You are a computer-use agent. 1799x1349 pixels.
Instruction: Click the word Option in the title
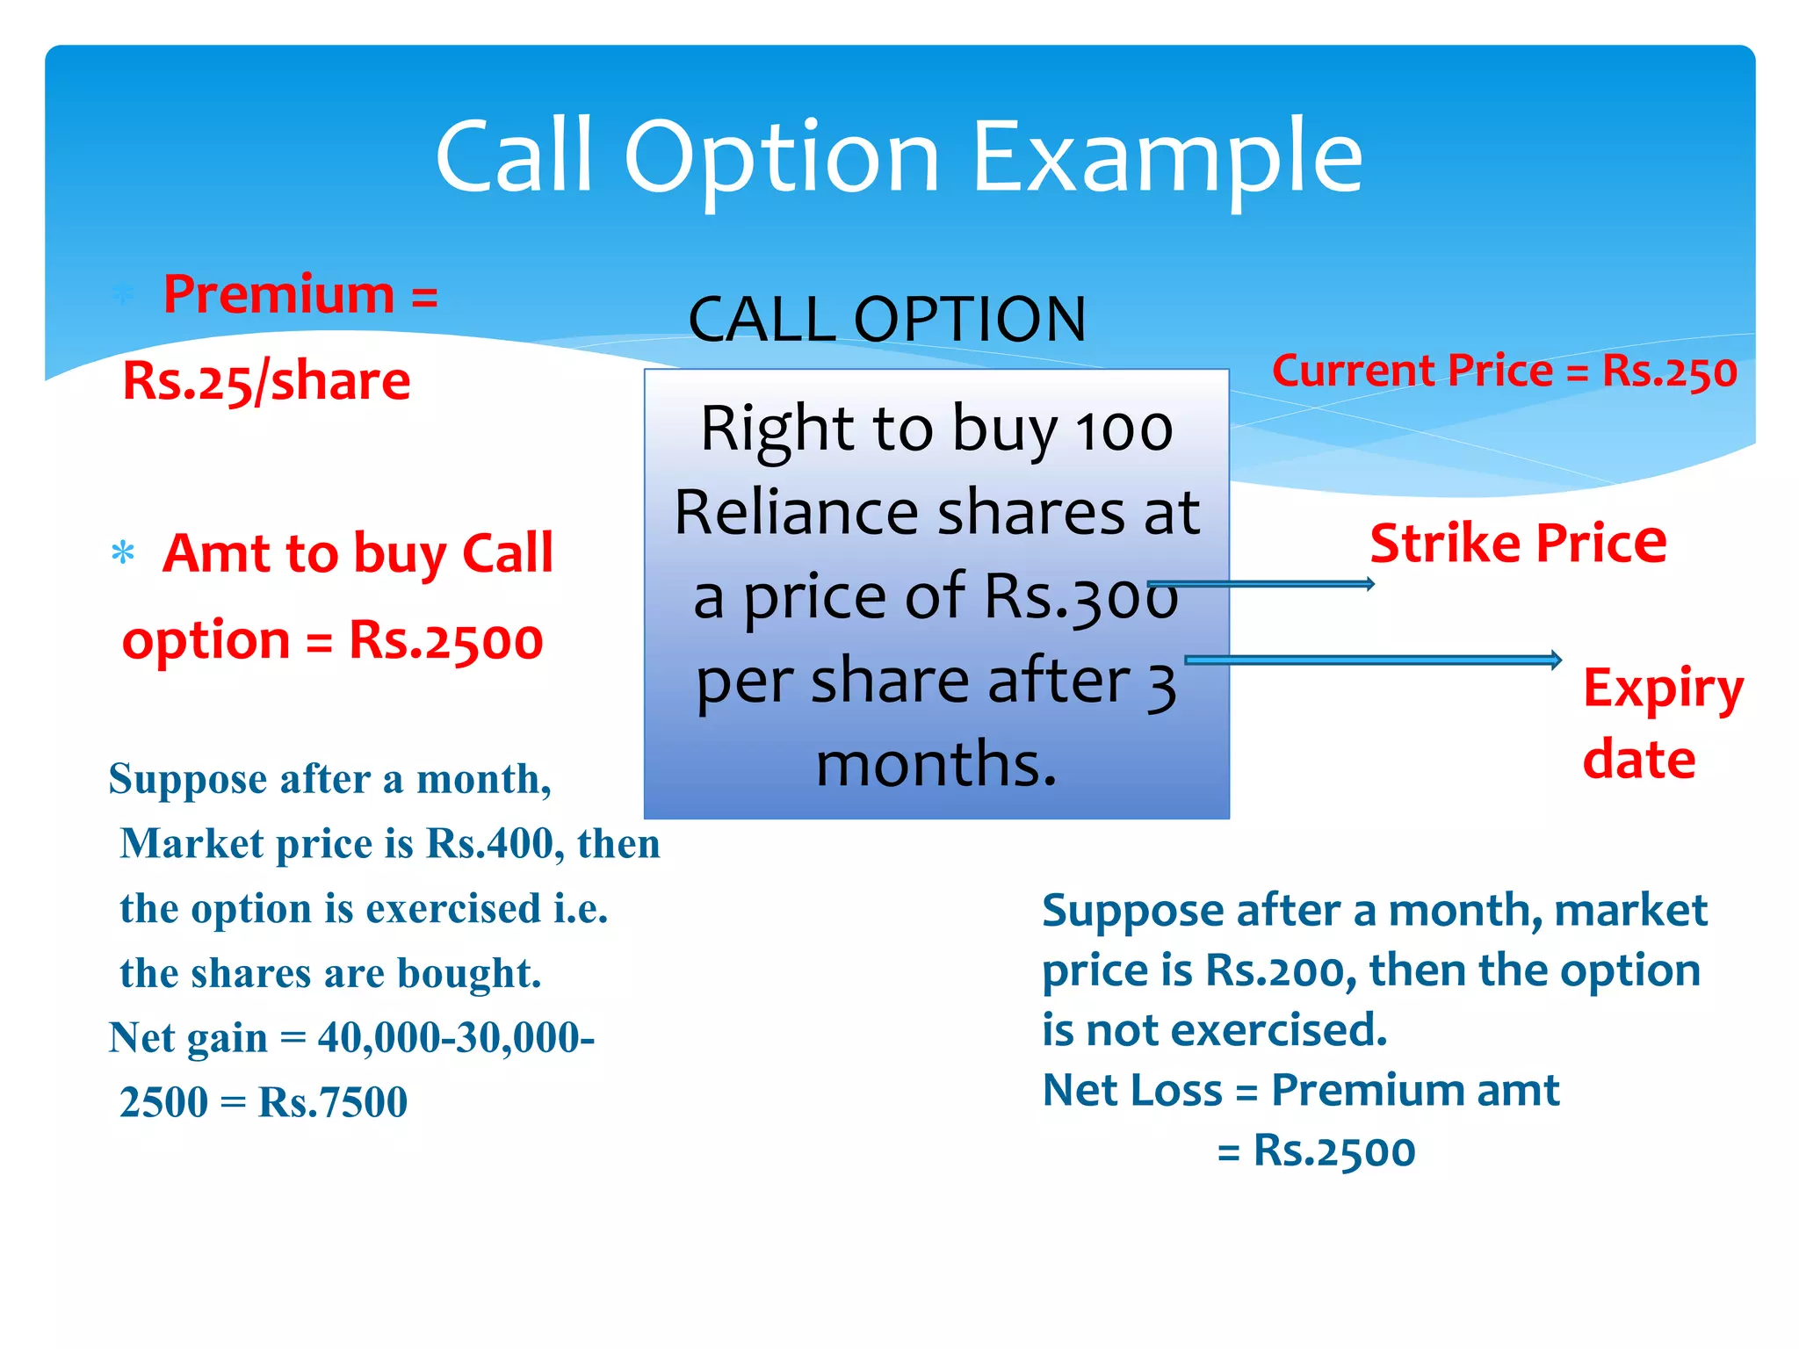tap(782, 158)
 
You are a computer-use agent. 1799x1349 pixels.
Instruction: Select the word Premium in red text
tap(278, 294)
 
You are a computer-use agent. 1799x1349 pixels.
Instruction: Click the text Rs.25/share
tap(266, 381)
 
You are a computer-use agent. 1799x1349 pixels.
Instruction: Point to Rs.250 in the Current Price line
tap(1669, 372)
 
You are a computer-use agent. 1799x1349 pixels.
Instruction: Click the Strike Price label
tap(1517, 543)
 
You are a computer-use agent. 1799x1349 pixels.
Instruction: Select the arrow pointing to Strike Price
tap(1261, 584)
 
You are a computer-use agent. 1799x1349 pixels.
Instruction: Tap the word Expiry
tap(1662, 689)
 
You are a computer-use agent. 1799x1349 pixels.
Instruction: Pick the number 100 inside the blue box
tap(1124, 430)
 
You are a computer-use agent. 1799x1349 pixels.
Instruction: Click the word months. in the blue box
tap(936, 763)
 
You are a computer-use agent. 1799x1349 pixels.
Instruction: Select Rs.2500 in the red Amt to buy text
tap(445, 641)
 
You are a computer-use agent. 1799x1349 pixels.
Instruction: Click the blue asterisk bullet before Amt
tap(123, 554)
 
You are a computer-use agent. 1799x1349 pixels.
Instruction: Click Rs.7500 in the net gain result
tap(333, 1102)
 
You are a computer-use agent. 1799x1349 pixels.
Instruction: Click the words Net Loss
tap(1131, 1091)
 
